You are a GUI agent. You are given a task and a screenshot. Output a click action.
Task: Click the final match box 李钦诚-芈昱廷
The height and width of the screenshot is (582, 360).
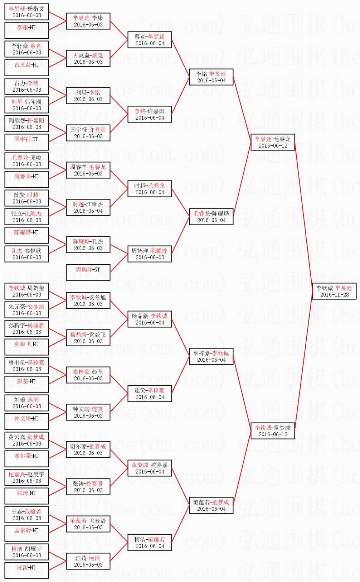pos(334,291)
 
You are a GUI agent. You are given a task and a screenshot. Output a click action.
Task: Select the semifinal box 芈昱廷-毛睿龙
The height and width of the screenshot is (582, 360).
pos(273,142)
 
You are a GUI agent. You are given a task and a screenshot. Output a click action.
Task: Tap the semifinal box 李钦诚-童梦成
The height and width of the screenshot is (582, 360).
pos(273,431)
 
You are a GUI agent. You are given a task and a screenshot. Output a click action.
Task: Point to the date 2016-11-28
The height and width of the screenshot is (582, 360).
pos(334,295)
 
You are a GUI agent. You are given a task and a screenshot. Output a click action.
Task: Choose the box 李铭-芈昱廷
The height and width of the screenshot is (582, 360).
pos(211,77)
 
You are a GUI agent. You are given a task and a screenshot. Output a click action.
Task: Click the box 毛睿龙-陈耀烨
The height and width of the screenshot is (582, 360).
pos(211,217)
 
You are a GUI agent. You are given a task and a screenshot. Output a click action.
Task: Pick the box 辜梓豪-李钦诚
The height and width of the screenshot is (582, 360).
pos(211,356)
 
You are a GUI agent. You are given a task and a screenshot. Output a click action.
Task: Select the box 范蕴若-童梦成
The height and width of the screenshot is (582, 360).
pos(211,505)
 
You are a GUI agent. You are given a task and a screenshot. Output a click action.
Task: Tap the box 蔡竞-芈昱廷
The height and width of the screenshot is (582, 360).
pos(150,40)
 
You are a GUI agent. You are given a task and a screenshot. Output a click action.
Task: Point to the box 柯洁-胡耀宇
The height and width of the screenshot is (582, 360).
pos(26,552)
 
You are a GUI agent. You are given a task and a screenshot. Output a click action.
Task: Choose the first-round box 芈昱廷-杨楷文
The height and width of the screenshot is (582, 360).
pos(26,12)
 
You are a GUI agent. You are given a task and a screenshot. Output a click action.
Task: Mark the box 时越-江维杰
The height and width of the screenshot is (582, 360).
pos(88,207)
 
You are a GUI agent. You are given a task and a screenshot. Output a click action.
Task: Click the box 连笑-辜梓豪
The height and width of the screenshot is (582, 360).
pos(150,394)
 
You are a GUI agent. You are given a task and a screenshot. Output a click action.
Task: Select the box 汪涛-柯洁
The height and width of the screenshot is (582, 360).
pos(88,561)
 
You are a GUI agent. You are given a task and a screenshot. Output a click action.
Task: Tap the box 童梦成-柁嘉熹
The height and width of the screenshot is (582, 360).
pos(150,468)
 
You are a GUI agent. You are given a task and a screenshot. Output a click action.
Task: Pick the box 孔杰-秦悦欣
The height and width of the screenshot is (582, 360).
pos(26,254)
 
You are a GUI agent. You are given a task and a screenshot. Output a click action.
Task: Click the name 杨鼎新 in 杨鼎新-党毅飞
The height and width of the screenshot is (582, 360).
pos(78,335)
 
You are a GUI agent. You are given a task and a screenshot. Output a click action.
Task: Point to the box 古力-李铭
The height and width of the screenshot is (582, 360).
pos(26,86)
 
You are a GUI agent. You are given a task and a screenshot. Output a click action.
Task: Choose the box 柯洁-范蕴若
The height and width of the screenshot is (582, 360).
pos(150,543)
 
